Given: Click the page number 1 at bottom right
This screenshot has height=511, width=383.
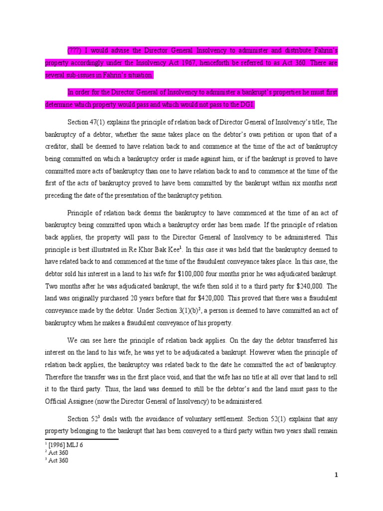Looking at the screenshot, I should (x=337, y=475).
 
